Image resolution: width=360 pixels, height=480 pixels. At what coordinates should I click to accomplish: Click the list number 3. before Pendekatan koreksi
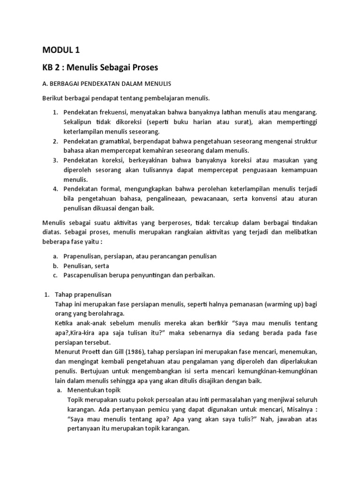pyautogui.click(x=55, y=160)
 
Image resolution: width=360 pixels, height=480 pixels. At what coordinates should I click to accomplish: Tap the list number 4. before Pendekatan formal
pyautogui.click(x=55, y=189)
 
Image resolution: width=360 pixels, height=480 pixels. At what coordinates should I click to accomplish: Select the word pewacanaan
pyautogui.click(x=177, y=198)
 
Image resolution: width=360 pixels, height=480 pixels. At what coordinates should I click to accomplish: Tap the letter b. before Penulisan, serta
pyautogui.click(x=55, y=266)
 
